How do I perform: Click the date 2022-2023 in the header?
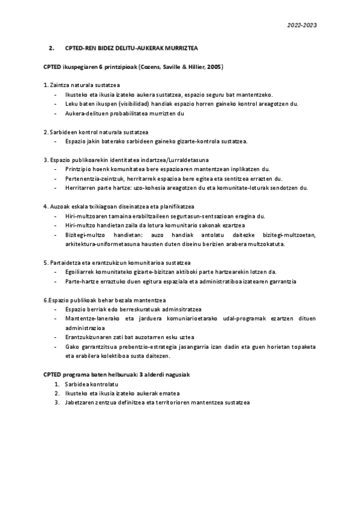pyautogui.click(x=302, y=25)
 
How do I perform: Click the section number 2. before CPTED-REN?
pyautogui.click(x=52, y=47)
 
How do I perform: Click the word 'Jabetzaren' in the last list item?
pyautogui.click(x=81, y=402)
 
